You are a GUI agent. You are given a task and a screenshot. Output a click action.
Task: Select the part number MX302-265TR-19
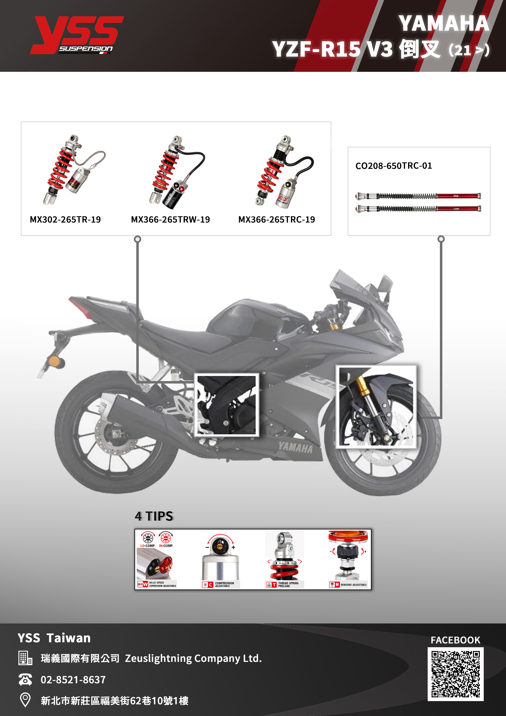[65, 220]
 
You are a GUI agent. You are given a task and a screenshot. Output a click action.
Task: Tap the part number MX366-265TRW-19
[170, 220]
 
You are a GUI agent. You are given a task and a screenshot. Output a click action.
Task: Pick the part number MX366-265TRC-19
[276, 220]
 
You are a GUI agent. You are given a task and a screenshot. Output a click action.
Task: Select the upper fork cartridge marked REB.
[418, 196]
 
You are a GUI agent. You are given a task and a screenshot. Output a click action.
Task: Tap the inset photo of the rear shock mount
[227, 405]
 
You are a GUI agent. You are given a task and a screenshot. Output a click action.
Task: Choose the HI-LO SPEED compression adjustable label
[162, 584]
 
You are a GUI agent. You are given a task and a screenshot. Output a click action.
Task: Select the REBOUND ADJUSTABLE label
[353, 585]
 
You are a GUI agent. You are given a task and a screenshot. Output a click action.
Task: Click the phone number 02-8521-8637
[73, 679]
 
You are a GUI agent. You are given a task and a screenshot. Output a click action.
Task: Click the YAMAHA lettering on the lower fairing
[295, 447]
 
